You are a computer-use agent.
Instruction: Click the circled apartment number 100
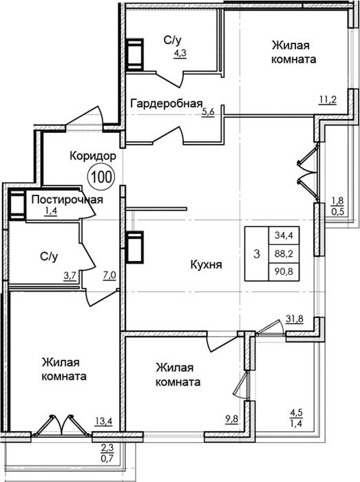pos(101,177)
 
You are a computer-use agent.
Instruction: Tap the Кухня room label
pos(206,264)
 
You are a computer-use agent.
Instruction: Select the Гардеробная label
pos(167,105)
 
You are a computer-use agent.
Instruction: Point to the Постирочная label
pos(67,200)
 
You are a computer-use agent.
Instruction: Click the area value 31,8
pos(295,319)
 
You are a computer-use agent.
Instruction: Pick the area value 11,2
pos(328,100)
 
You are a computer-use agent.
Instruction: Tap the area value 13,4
pos(103,421)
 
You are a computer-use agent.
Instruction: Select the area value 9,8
pos(231,419)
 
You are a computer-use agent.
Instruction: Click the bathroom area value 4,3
pos(180,54)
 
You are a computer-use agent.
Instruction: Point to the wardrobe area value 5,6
pos(208,112)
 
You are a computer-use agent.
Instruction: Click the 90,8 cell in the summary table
pos(284,272)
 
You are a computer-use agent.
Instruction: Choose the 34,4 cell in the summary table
pos(284,235)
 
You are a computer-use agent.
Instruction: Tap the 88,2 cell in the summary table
pos(284,254)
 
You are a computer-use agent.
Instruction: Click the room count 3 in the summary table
pos(257,254)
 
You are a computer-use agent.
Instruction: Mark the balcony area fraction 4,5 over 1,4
pos(297,418)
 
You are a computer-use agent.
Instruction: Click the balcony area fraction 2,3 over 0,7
pos(107,453)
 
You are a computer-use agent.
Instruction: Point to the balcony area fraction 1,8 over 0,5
pos(337,207)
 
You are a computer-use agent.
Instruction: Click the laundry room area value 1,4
pos(50,211)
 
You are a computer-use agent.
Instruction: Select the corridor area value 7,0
pos(109,275)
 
